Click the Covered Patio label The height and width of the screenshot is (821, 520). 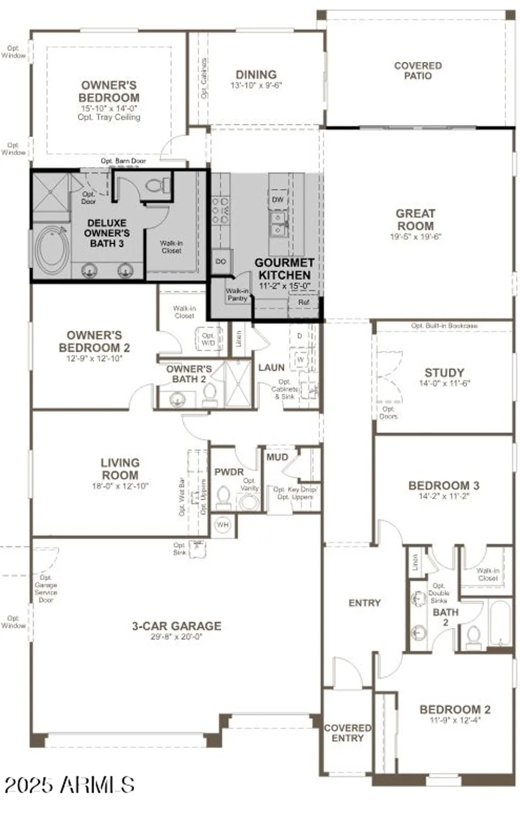point(418,71)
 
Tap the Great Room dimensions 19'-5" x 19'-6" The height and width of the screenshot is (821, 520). point(415,237)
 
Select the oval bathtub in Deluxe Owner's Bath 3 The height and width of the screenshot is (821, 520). point(52,250)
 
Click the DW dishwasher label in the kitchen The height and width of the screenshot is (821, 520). point(278,200)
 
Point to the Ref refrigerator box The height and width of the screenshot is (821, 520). point(304,302)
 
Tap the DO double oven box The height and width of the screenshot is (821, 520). point(221,262)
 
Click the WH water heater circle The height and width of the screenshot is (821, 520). point(222,525)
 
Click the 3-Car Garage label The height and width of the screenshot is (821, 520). point(176,626)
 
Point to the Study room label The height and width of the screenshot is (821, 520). point(444,373)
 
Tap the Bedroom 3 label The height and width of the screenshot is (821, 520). point(443,485)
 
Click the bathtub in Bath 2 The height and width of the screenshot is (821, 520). point(499,624)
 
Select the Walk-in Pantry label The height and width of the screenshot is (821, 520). point(237,294)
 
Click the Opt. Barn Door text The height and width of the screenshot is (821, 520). point(123,161)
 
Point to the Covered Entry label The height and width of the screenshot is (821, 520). point(347,733)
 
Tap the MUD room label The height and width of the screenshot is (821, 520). point(277,457)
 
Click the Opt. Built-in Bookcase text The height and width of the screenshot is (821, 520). point(444,326)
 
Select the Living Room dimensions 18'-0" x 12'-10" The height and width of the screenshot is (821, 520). point(119,486)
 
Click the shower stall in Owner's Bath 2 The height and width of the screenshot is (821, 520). point(238,383)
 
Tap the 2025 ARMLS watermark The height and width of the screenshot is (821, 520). point(70,785)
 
